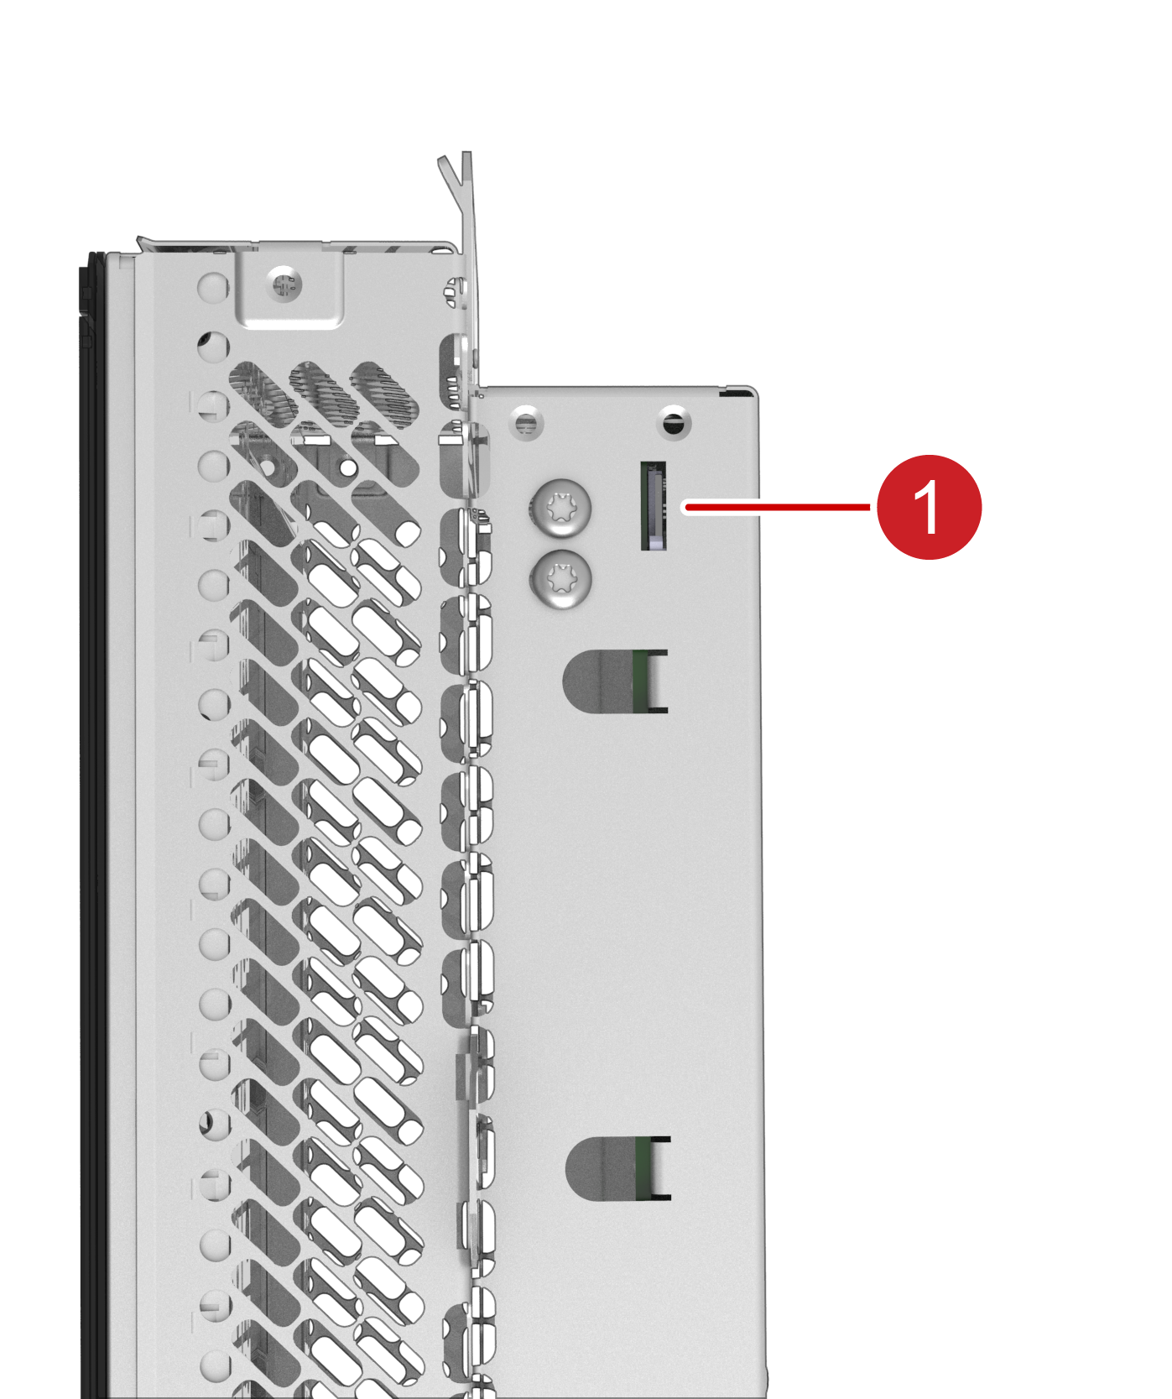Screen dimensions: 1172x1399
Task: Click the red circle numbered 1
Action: point(929,507)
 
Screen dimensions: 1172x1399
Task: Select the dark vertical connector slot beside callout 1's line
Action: point(654,506)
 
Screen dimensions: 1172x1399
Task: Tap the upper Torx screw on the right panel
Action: point(560,508)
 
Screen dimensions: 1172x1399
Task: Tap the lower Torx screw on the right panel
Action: point(560,579)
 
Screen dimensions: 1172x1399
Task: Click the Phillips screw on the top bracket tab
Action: point(284,284)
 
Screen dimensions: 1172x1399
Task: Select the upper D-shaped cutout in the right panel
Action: point(615,681)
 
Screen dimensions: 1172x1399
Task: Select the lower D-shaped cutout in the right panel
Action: point(618,1168)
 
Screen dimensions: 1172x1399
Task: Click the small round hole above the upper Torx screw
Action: point(526,421)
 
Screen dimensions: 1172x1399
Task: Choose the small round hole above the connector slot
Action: point(674,421)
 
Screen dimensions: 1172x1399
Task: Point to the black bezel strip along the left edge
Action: point(91,822)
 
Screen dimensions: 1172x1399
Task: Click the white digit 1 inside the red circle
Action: point(929,507)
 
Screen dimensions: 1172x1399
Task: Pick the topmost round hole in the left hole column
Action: point(213,286)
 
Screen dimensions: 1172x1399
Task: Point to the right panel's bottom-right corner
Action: point(766,1396)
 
